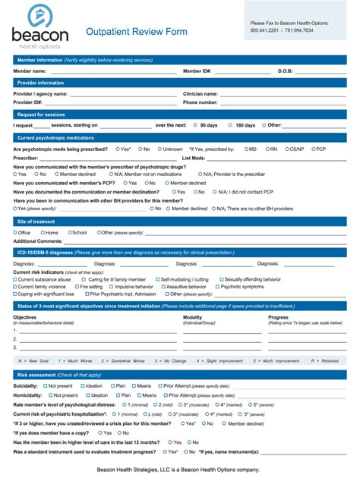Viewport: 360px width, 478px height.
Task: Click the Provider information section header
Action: pyautogui.click(x=41, y=83)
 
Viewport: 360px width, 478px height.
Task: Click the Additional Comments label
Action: pyautogui.click(x=38, y=241)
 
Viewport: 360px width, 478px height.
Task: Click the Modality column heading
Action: pyautogui.click(x=193, y=317)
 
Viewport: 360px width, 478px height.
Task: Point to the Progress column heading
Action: pyautogui.click(x=278, y=317)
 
